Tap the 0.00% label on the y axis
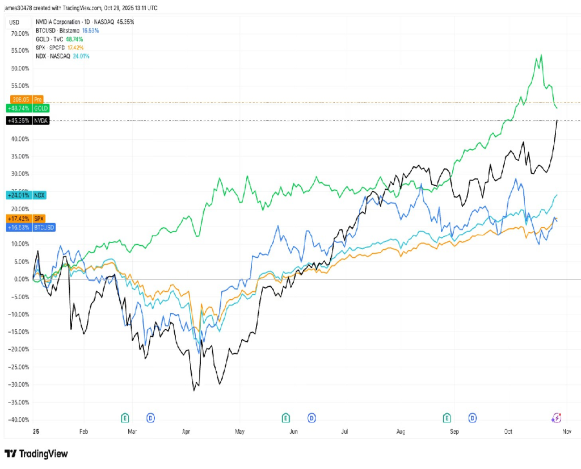click(22, 279)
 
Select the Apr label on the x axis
click(186, 432)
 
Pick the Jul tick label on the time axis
click(344, 432)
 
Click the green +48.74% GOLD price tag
click(27, 108)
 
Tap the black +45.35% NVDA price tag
click(27, 120)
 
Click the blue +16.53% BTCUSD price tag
click(31, 227)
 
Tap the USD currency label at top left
click(14, 22)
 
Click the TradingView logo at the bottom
click(36, 454)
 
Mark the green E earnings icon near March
click(125, 418)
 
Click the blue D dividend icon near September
click(472, 418)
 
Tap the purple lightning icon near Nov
click(557, 418)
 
